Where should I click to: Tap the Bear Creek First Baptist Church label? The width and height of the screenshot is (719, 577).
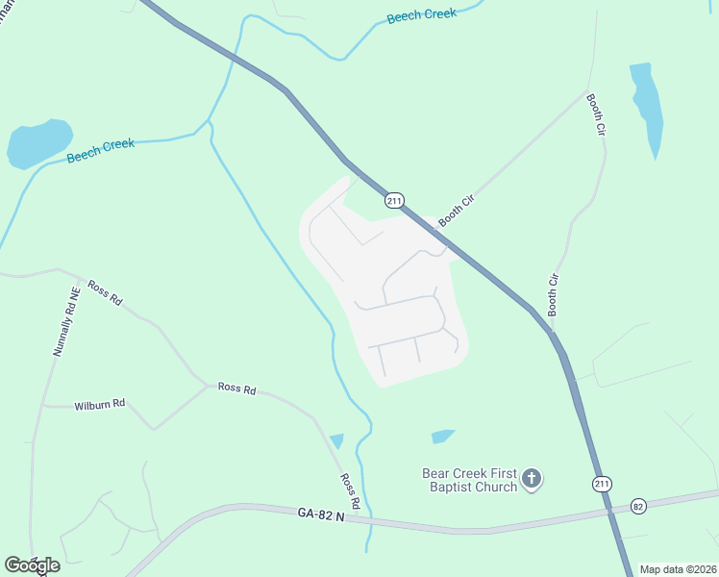click(470, 479)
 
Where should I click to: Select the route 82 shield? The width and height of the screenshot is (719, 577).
click(638, 506)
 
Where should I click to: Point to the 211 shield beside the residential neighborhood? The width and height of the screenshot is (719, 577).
click(393, 200)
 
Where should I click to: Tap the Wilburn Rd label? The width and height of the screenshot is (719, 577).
click(100, 406)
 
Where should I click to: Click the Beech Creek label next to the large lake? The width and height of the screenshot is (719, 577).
click(100, 151)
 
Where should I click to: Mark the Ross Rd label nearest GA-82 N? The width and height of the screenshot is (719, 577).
click(350, 490)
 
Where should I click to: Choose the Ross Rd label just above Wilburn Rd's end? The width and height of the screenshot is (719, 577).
click(236, 389)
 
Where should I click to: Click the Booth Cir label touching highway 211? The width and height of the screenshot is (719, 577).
click(457, 209)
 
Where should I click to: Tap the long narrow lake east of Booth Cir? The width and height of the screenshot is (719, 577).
click(646, 106)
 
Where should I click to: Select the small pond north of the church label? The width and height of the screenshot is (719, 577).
click(442, 437)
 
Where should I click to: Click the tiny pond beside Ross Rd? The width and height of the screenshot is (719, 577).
click(336, 441)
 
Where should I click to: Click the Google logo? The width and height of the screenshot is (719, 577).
click(32, 565)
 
